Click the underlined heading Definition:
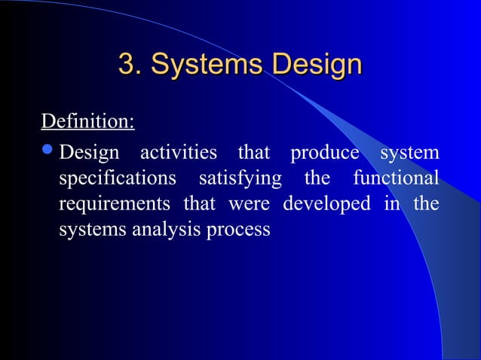pyautogui.click(x=87, y=121)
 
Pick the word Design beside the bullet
pyautogui.click(x=89, y=154)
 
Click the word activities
pyautogui.click(x=178, y=153)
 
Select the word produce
pyautogui.click(x=325, y=153)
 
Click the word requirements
pyautogui.click(x=115, y=205)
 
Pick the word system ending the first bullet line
pyautogui.click(x=409, y=154)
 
